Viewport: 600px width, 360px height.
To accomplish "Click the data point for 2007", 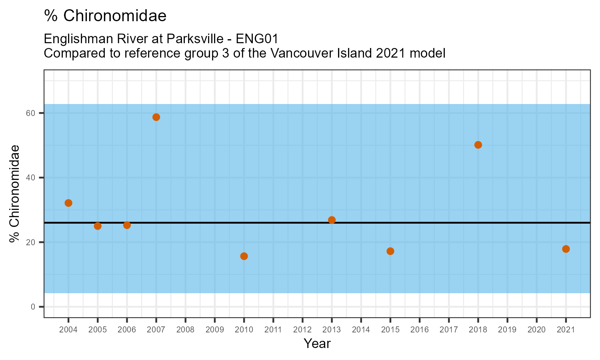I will (x=156, y=117).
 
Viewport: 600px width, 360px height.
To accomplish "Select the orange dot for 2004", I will (x=68, y=203).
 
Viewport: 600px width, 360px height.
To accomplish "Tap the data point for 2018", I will (x=478, y=145).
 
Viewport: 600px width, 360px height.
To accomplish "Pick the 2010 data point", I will (x=244, y=256).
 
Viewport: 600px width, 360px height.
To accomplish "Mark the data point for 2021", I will (x=566, y=249).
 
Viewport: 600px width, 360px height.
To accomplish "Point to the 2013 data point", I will (x=332, y=220).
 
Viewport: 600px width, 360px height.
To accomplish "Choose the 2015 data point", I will (x=390, y=251).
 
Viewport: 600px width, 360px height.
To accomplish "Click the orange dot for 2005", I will (x=98, y=226).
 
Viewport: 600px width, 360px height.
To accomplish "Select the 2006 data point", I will (x=127, y=225).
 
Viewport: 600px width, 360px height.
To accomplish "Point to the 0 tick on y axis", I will (x=33, y=307).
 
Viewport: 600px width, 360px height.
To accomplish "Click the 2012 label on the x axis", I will (x=302, y=330).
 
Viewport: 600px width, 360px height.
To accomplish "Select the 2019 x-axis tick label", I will (x=507, y=330).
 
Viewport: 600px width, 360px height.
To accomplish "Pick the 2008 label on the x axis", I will (x=185, y=330).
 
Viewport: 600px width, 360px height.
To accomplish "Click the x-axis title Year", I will (x=317, y=344).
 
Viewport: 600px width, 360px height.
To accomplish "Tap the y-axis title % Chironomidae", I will (x=15, y=194).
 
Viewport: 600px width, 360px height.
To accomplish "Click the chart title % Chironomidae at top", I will (x=105, y=16).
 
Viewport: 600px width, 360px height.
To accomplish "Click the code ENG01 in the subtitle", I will (x=257, y=39).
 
